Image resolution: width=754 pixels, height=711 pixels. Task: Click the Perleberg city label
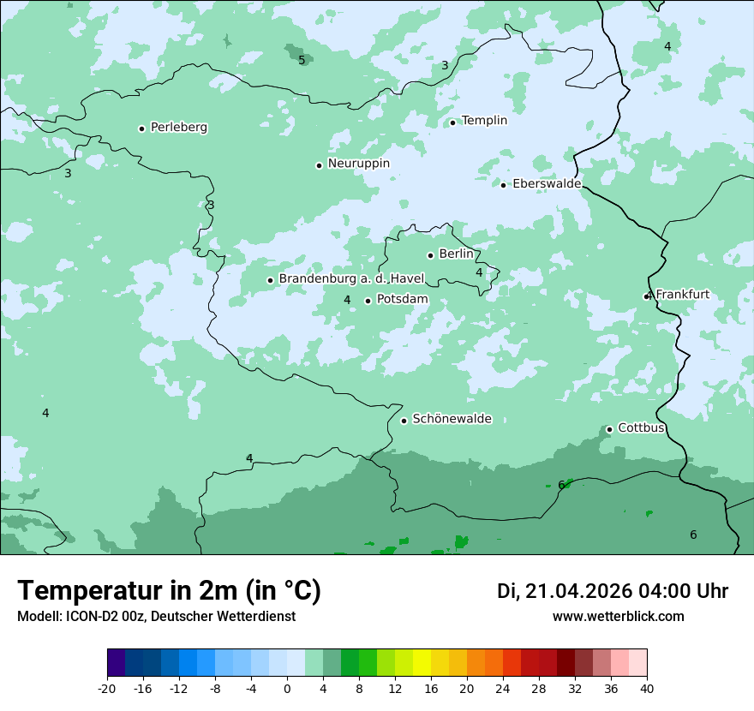178,128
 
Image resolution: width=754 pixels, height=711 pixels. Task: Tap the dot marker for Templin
452,122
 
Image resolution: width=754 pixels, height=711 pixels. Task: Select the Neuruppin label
358,164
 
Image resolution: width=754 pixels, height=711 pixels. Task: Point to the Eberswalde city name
546,184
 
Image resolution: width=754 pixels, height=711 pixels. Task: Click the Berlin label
456,254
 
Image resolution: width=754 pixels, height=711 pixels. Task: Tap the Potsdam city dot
368,301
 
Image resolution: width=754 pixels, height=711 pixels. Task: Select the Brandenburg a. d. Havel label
351,279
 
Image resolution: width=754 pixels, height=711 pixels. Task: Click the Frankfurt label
682,295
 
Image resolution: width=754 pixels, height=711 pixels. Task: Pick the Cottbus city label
641,427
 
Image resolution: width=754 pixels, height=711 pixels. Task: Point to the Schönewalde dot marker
404,421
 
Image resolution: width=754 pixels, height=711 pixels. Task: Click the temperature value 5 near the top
302,60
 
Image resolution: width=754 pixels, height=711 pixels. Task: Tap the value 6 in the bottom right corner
693,535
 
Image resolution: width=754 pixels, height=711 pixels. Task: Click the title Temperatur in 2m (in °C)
169,591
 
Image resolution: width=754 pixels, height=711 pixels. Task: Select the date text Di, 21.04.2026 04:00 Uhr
613,591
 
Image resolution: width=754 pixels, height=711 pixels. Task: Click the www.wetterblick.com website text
618,617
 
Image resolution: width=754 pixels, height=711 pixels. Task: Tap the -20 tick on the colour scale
107,688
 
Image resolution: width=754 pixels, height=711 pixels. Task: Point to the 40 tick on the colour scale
647,688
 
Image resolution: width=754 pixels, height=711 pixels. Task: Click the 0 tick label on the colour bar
287,688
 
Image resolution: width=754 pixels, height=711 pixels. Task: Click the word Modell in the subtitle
38,617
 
